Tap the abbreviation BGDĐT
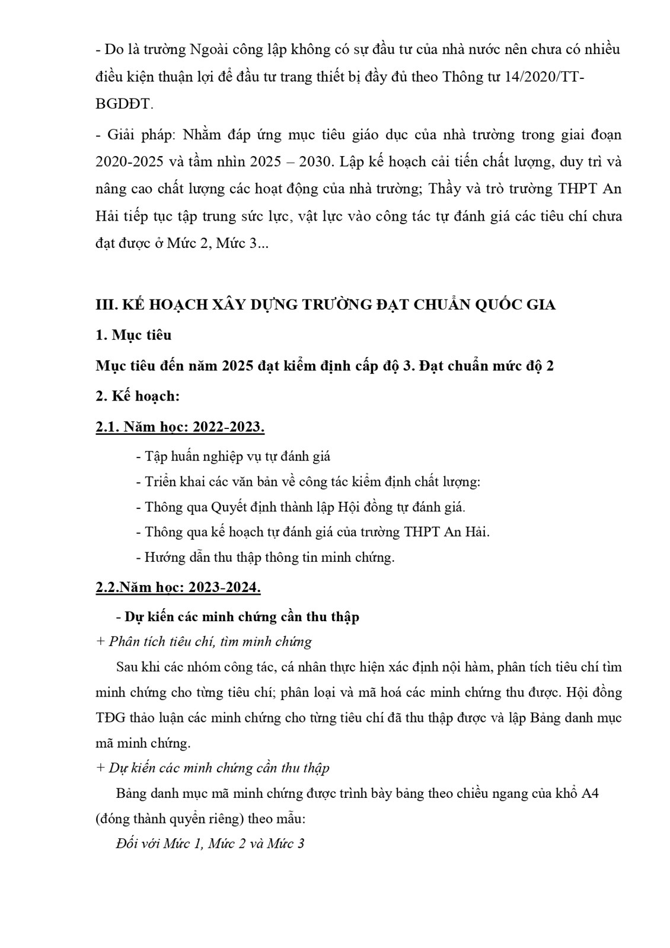[x=123, y=104]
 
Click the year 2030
[x=312, y=162]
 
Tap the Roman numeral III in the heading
[x=106, y=305]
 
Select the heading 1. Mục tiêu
[x=133, y=335]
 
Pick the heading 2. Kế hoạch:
[x=137, y=396]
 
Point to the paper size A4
[x=590, y=794]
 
